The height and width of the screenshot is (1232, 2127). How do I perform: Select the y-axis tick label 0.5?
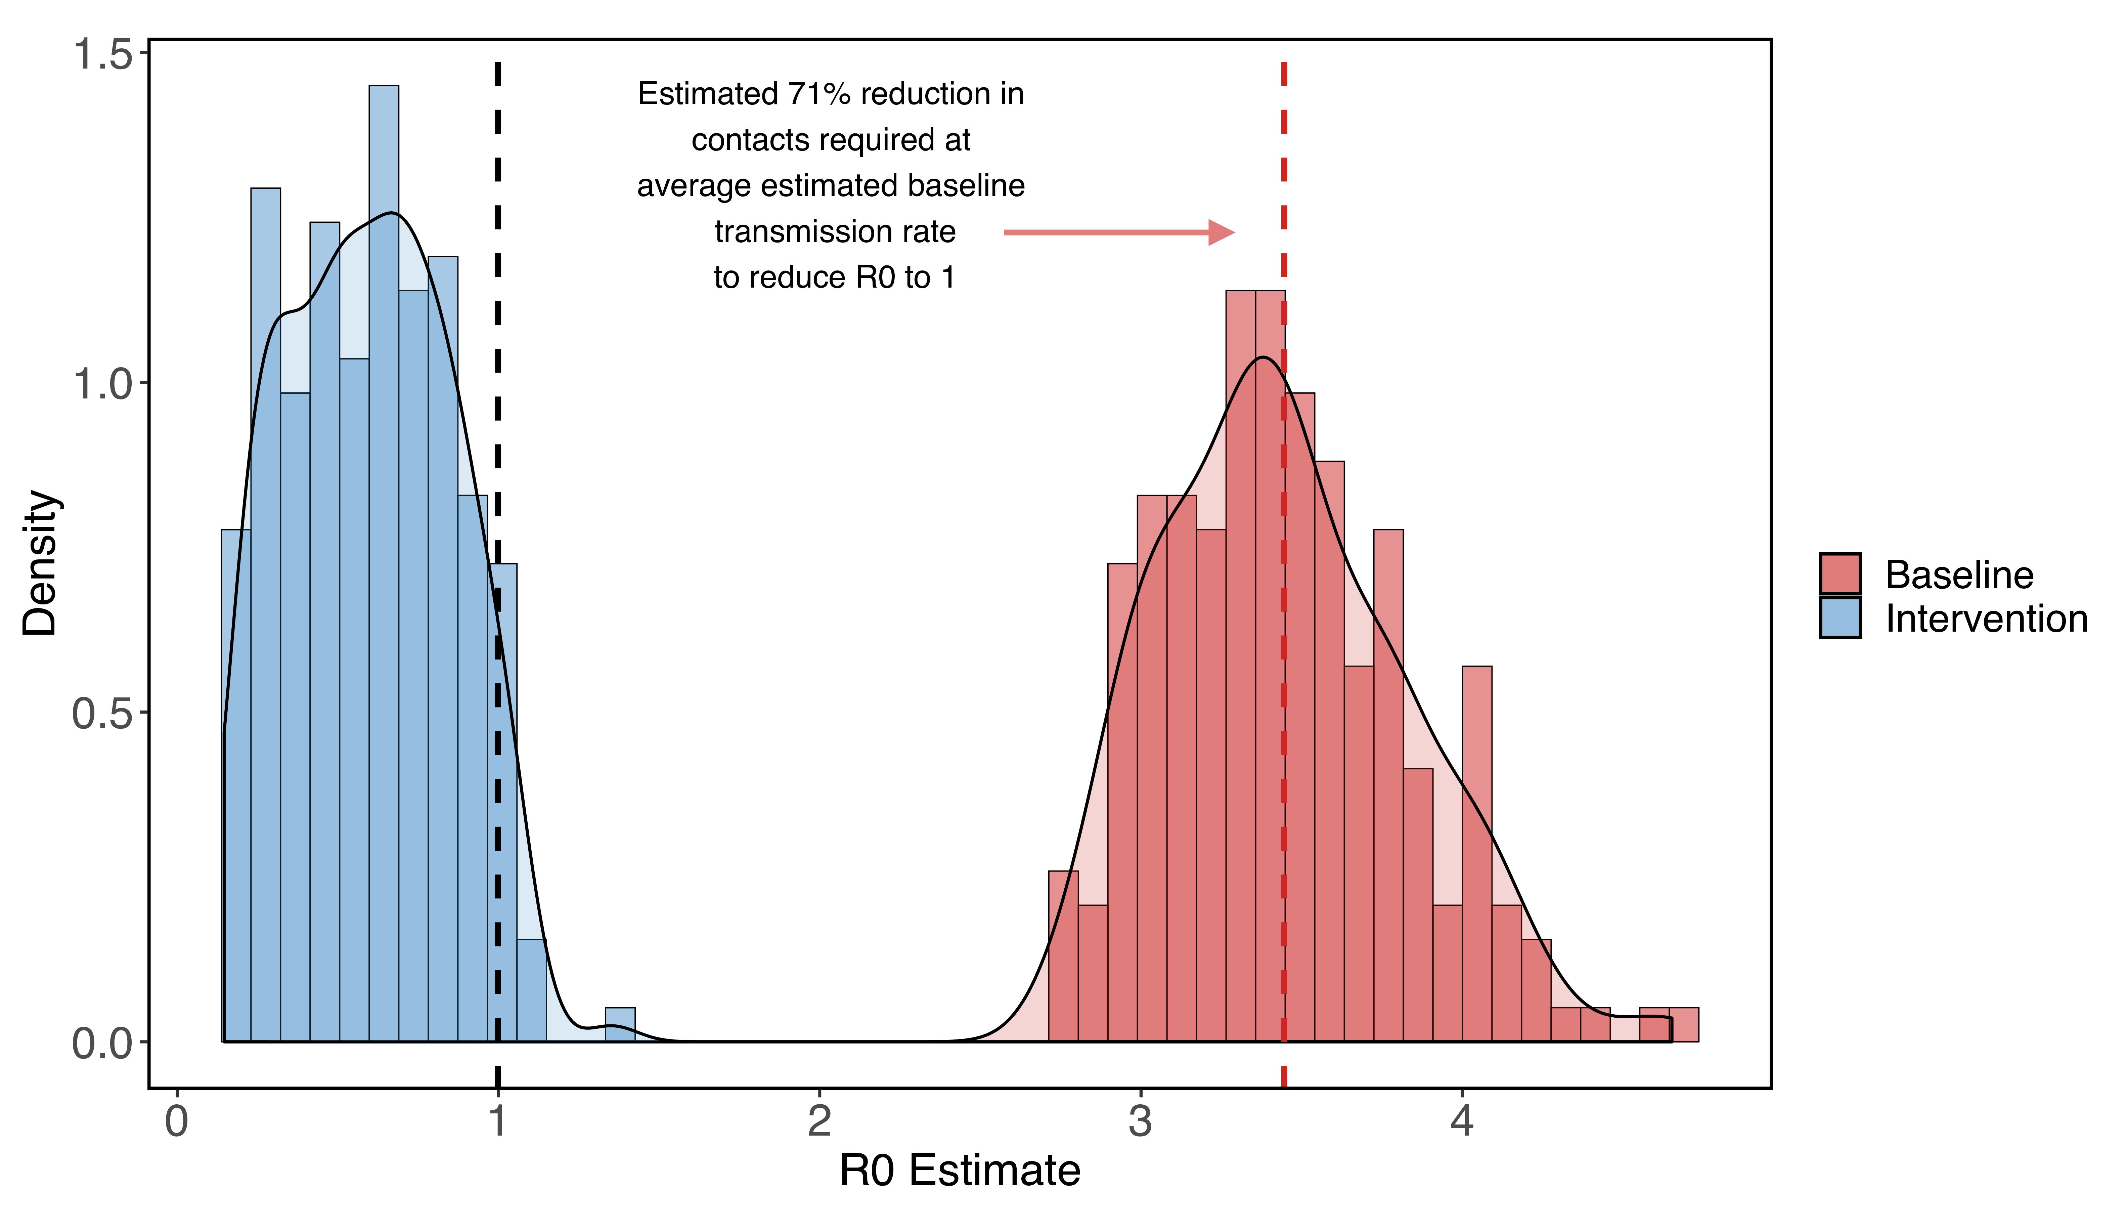(x=103, y=714)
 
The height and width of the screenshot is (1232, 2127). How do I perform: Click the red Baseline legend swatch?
(x=1840, y=574)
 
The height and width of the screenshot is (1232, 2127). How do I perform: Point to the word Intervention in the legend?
(x=1986, y=619)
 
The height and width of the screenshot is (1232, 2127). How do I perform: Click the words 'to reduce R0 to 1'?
(x=834, y=278)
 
